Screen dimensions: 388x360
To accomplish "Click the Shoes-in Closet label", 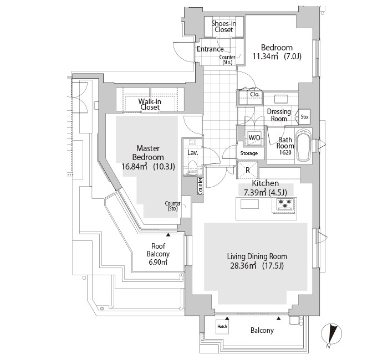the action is pyautogui.click(x=224, y=27).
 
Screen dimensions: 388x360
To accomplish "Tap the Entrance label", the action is pyautogui.click(x=210, y=49).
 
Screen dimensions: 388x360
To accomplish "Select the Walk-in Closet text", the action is pyautogui.click(x=150, y=104).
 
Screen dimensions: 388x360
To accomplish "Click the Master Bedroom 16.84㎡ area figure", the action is pyautogui.click(x=134, y=166).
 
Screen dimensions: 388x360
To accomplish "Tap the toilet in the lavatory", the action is pyautogui.click(x=192, y=168).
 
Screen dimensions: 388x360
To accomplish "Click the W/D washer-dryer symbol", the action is pyautogui.click(x=254, y=137).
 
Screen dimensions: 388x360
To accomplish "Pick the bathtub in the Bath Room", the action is pyautogui.click(x=304, y=145).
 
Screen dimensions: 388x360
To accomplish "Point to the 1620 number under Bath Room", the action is pyautogui.click(x=285, y=152).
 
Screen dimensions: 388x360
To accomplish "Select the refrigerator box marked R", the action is pyautogui.click(x=247, y=170).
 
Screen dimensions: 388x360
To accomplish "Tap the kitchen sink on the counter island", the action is pyautogui.click(x=249, y=204).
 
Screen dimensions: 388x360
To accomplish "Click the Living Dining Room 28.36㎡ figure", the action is pyautogui.click(x=243, y=266).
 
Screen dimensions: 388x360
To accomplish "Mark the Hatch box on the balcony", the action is pyautogui.click(x=222, y=326).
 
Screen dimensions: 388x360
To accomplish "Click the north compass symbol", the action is pyautogui.click(x=331, y=334).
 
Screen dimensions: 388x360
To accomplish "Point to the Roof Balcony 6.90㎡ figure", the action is pyautogui.click(x=158, y=262).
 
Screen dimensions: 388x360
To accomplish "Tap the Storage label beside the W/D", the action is pyautogui.click(x=249, y=153).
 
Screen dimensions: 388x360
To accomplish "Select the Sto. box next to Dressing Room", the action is pyautogui.click(x=305, y=116).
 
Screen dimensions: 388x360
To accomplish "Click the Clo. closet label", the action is pyautogui.click(x=254, y=95).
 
